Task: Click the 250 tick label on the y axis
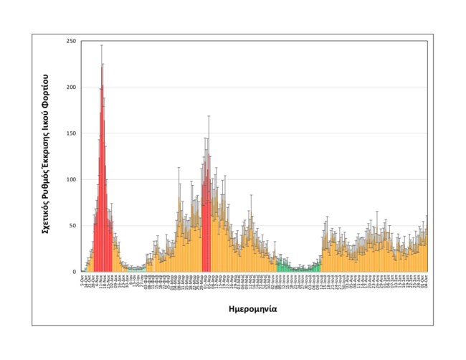tap(72, 41)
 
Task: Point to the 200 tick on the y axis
tap(72, 87)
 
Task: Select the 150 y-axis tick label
tap(72, 133)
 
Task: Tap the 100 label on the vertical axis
tap(72, 179)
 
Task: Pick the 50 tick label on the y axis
tap(73, 226)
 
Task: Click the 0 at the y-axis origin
tap(75, 272)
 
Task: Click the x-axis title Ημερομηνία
tap(255, 310)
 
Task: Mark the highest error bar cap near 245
tap(102, 45)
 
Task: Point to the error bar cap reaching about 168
tap(209, 116)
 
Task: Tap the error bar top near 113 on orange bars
tap(179, 168)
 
